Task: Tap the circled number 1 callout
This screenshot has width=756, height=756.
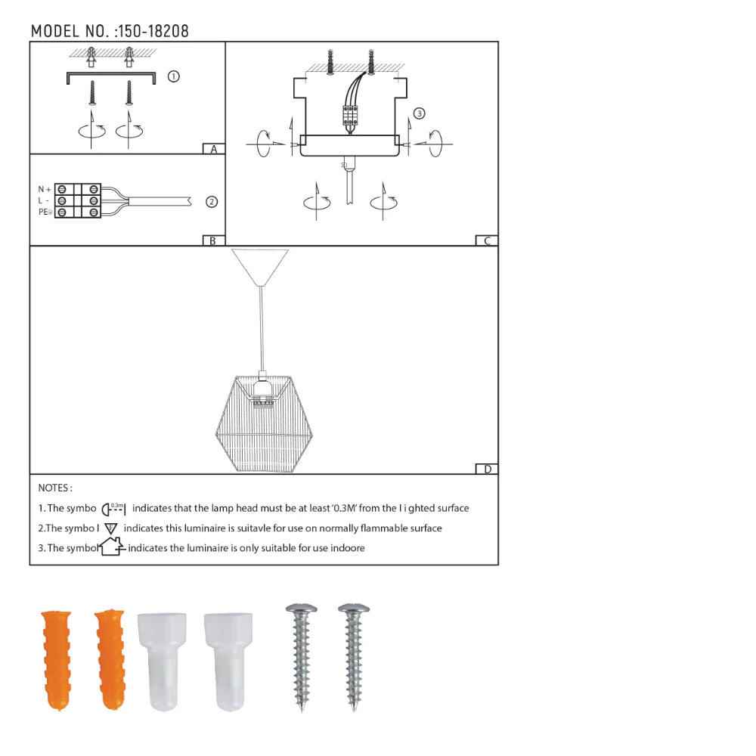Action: click(x=173, y=76)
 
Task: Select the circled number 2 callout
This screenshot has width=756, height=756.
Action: click(x=212, y=202)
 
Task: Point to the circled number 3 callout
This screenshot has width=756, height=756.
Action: click(x=420, y=113)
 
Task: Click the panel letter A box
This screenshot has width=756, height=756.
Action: click(x=214, y=149)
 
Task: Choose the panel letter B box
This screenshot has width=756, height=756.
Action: click(x=214, y=240)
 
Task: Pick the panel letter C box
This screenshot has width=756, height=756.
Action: click(x=487, y=240)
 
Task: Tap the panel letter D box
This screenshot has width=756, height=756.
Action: click(x=487, y=469)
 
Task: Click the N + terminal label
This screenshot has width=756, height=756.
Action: click(x=45, y=188)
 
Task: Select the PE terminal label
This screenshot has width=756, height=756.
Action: click(x=45, y=212)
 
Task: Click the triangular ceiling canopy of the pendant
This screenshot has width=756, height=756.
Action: click(x=260, y=265)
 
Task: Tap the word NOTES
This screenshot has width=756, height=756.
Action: click(x=55, y=488)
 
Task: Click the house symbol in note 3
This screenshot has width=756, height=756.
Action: click(x=112, y=546)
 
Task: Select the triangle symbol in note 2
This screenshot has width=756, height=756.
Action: click(x=112, y=528)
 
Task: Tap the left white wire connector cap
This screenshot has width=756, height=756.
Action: click(x=159, y=661)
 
